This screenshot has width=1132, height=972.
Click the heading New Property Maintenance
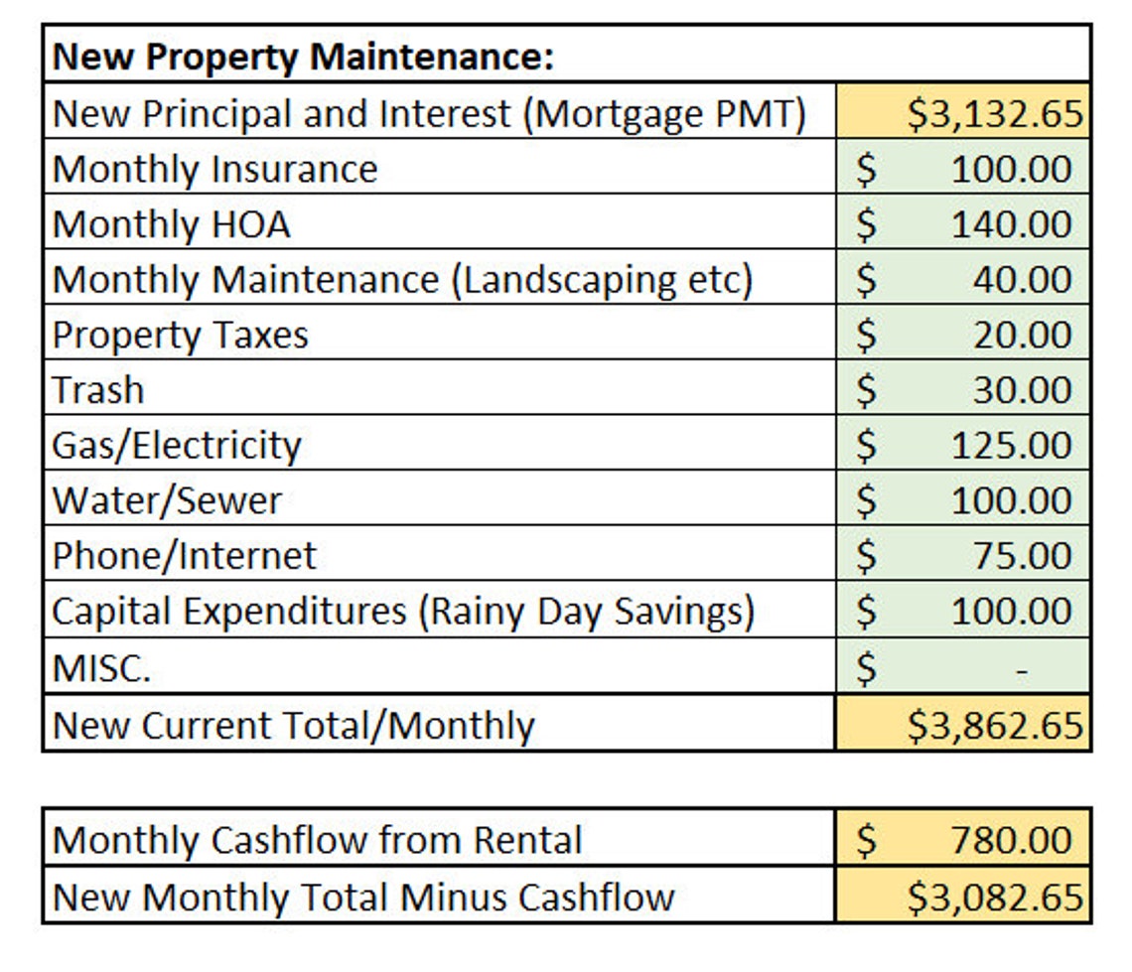point(302,57)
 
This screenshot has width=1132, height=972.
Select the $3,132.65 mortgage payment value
point(994,114)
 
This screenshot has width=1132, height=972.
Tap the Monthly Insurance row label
point(214,170)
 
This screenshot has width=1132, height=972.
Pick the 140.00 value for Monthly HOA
point(1011,225)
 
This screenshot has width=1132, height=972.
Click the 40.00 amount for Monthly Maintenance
point(1022,281)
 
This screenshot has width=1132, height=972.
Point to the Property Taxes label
point(180,336)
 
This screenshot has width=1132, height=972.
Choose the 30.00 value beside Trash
point(1022,390)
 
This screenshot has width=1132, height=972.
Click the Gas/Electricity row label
point(176,445)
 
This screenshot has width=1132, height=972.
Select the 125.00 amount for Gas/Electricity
point(1011,446)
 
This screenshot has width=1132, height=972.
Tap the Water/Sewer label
point(166,500)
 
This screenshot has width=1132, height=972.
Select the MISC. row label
point(101,668)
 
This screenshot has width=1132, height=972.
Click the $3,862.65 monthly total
point(994,726)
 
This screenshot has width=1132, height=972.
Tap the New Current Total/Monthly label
point(293,726)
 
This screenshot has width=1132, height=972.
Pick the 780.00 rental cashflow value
point(1011,841)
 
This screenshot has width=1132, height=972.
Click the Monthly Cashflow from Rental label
point(317,841)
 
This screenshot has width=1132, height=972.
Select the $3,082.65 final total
point(994,898)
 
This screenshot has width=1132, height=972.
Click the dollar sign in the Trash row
point(867,390)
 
